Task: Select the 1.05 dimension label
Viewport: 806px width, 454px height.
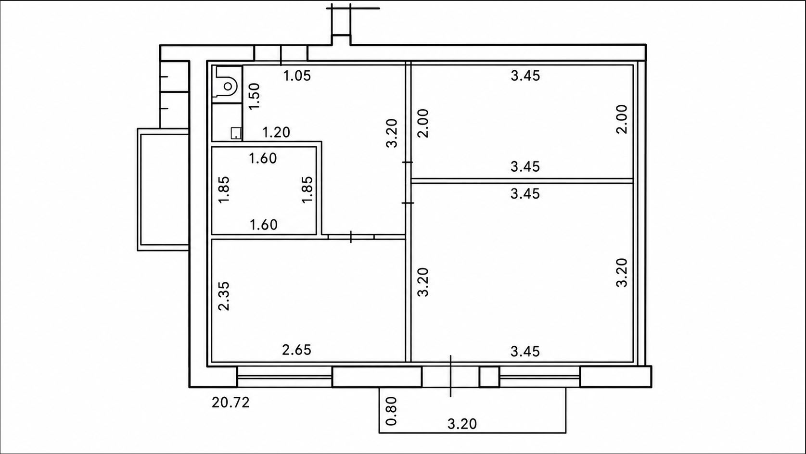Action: [x=297, y=76]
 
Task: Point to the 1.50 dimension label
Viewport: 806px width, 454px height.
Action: [x=254, y=96]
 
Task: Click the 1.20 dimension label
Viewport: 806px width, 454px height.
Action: [x=276, y=132]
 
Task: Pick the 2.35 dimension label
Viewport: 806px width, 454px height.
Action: [x=224, y=296]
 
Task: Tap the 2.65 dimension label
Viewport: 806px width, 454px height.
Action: [x=296, y=350]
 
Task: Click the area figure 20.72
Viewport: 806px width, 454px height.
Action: [x=230, y=403]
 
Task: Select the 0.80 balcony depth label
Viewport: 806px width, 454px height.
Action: [x=391, y=411]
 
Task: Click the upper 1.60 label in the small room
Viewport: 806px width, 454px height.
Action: [x=263, y=158]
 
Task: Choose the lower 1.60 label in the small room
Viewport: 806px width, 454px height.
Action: [x=263, y=225]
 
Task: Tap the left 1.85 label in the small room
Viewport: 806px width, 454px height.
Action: [x=224, y=189]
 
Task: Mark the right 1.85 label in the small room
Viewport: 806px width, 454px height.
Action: [x=307, y=189]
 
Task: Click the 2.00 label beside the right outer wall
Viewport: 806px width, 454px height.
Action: [x=621, y=119]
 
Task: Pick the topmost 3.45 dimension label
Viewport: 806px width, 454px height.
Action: [x=525, y=76]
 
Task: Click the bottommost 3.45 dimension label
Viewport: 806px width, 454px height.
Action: [x=525, y=352]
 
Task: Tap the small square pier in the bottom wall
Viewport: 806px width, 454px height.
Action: [x=489, y=377]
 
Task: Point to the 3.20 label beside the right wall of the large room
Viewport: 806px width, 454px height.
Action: [x=621, y=273]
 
